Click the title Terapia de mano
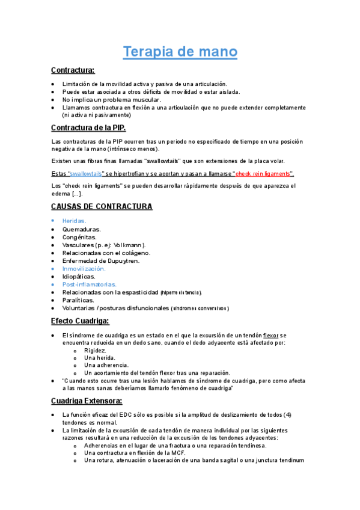pos(180,52)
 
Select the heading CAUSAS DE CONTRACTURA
pos(102,206)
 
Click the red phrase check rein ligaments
pos(263,174)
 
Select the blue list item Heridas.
pos(74,221)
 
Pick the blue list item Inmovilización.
pos(84,269)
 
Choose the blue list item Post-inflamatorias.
pos(90,284)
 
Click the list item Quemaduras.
pos(82,229)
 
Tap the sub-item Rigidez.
pos(96,350)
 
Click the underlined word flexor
pos(272,335)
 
